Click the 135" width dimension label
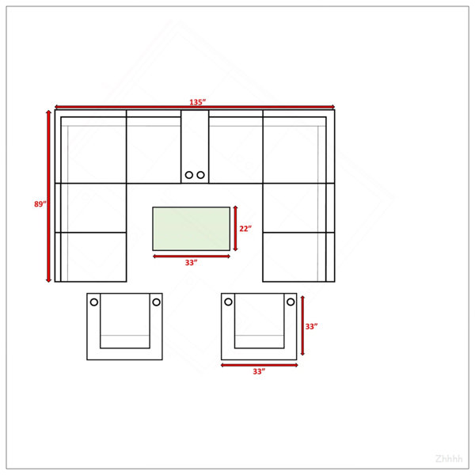(x=197, y=102)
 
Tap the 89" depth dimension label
(x=40, y=204)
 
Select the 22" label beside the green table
(x=245, y=229)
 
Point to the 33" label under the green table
(x=191, y=262)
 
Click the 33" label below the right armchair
(x=259, y=371)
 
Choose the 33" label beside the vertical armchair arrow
(x=311, y=326)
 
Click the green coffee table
(x=191, y=229)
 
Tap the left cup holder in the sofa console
(x=189, y=175)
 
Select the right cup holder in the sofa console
(x=200, y=175)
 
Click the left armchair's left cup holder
(x=94, y=302)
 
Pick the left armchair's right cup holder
(x=156, y=302)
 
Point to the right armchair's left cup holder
(x=229, y=302)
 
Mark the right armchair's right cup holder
(x=291, y=302)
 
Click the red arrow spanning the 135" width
(x=195, y=107)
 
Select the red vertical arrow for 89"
(x=48, y=196)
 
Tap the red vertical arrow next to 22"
(x=235, y=229)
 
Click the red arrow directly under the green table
(x=192, y=256)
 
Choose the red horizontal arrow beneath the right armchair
(x=260, y=365)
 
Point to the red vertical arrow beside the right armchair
(x=302, y=325)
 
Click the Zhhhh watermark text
(x=449, y=458)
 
